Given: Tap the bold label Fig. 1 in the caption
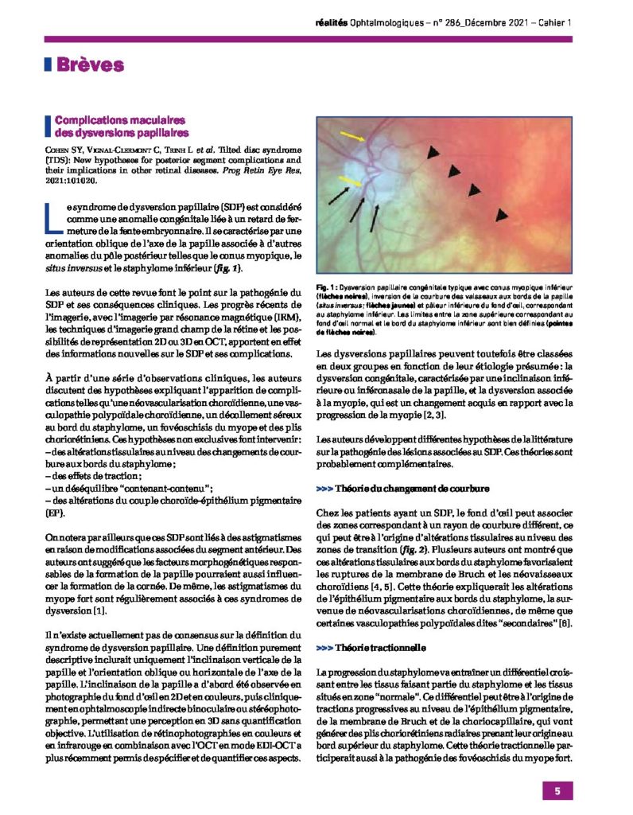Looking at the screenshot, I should (x=328, y=287).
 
